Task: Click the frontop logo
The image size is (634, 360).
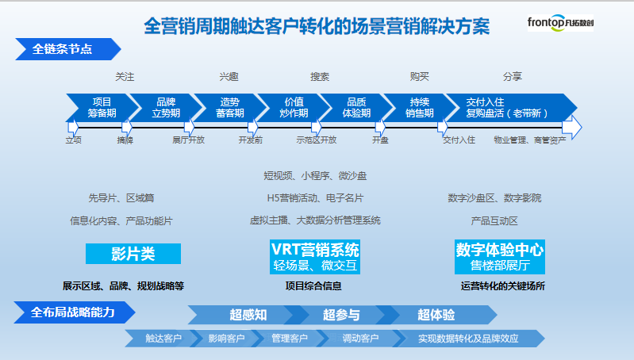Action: [560, 23]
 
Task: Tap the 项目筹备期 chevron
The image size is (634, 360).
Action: [103, 108]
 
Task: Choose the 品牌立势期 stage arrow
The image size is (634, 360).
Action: [167, 108]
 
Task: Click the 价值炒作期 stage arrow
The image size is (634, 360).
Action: [294, 108]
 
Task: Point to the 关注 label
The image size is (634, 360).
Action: [125, 76]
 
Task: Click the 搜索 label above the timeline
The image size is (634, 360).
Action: [320, 76]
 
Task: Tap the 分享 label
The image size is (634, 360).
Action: [513, 76]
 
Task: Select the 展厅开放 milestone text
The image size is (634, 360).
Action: [188, 140]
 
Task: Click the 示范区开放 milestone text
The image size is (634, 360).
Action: [316, 140]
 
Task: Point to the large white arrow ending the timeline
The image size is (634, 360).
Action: [572, 128]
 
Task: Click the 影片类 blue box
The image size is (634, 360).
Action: [133, 254]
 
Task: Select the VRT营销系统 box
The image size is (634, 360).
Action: [315, 257]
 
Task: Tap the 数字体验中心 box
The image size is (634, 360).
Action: [500, 257]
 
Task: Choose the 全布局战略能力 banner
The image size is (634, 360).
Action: [75, 312]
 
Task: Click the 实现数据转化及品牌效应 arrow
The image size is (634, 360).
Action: [468, 338]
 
